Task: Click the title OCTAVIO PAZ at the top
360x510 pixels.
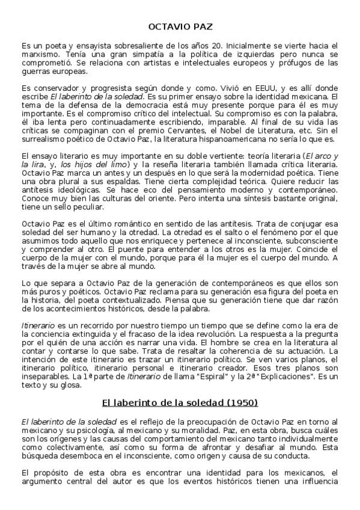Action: (180, 26)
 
